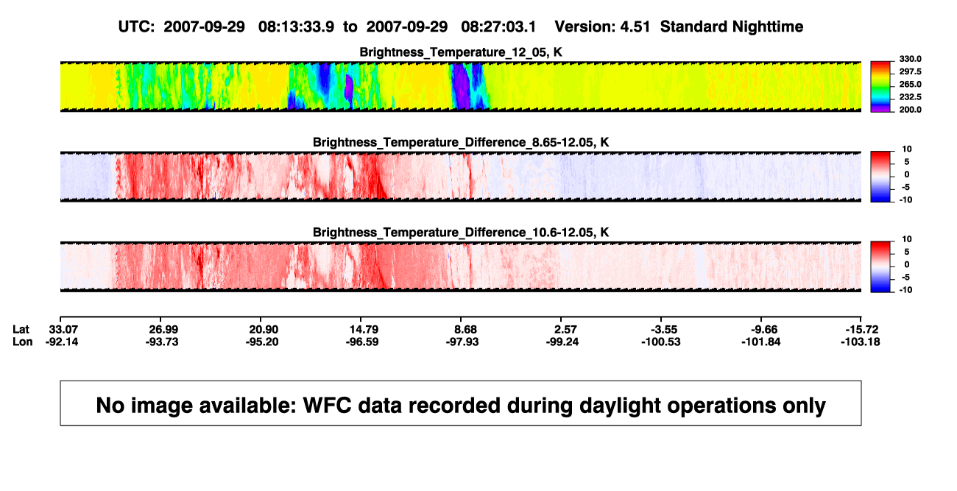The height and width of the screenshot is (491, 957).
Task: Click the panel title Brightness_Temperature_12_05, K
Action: pos(461,52)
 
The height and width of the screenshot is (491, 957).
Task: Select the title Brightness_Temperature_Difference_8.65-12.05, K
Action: pos(461,142)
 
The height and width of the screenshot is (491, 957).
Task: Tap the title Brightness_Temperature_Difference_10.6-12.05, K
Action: pos(461,233)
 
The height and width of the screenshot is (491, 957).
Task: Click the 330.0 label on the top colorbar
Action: pos(911,59)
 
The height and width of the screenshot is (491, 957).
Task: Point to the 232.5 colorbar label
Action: pos(911,97)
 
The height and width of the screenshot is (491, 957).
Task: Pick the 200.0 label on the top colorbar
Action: pos(911,110)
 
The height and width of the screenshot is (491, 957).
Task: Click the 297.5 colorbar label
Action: pos(911,71)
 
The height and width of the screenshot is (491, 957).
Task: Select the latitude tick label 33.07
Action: pos(63,330)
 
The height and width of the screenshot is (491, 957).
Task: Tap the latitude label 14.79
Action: pos(364,330)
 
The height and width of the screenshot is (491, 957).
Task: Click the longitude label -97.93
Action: pos(462,342)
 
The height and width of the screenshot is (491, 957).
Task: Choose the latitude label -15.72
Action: pos(862,330)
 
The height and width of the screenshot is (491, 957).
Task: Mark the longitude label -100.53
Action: pos(660,342)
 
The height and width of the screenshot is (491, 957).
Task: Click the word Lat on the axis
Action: pos(21,330)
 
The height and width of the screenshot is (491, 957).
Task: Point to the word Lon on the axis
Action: pos(23,342)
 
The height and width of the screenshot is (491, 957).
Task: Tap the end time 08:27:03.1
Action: pos(498,27)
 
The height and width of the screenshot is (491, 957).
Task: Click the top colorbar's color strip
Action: pos(880,87)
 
